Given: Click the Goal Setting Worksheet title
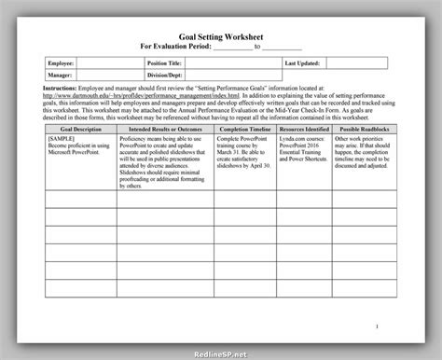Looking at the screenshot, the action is [220, 32].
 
